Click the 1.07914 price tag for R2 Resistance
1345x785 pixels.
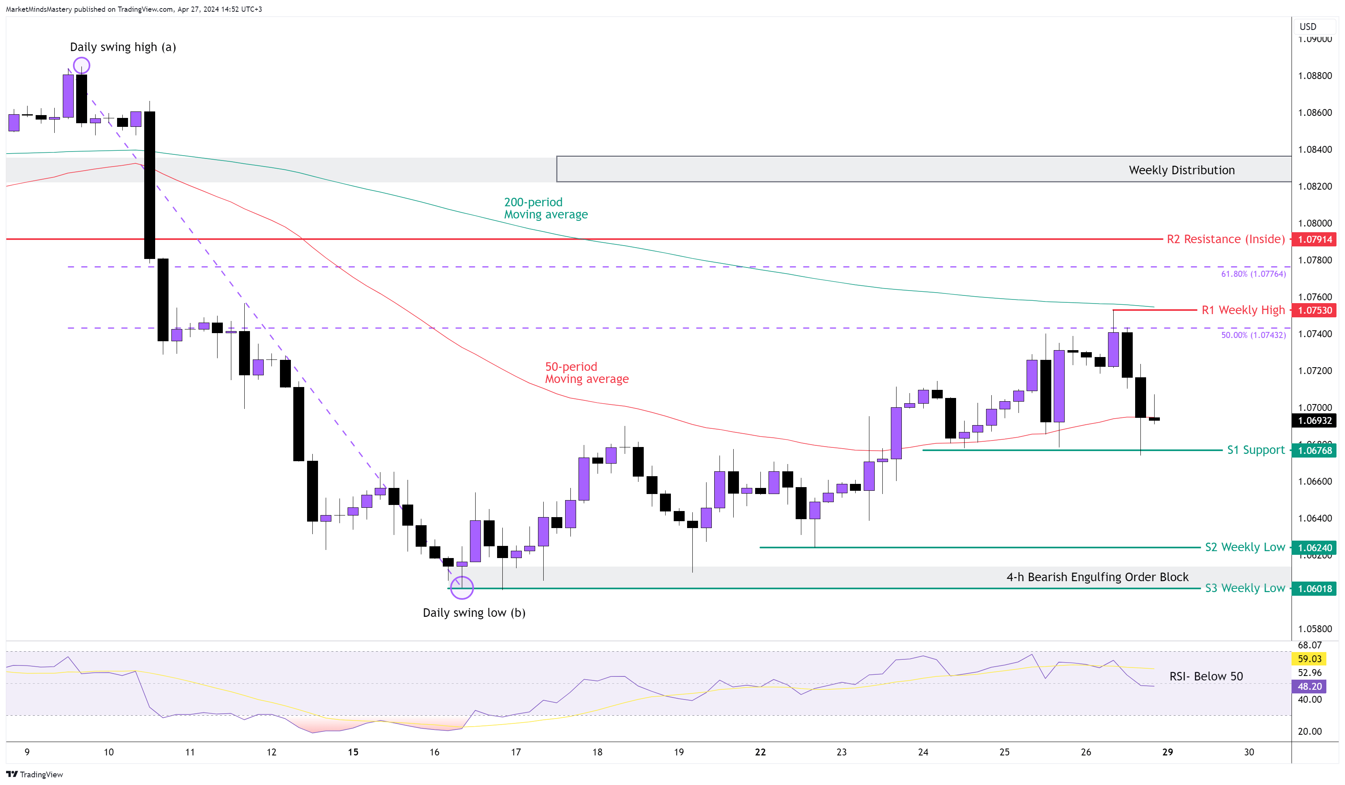click(x=1314, y=239)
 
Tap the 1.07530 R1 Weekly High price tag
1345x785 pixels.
click(x=1314, y=310)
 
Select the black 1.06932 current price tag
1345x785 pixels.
click(x=1314, y=421)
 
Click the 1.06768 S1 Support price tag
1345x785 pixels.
click(x=1314, y=451)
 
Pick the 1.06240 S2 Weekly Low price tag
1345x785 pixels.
click(x=1314, y=548)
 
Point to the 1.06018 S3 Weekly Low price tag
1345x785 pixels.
click(x=1314, y=589)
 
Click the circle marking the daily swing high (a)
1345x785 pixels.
click(x=82, y=66)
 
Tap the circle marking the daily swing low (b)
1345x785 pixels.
click(x=462, y=588)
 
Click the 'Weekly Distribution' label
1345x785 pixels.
click(x=1181, y=170)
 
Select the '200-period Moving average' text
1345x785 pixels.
click(x=545, y=208)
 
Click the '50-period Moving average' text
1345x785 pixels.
click(x=586, y=373)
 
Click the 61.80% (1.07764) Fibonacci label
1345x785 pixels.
click(x=1253, y=274)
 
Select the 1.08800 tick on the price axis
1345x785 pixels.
click(x=1315, y=76)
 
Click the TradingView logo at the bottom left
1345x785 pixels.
click(x=35, y=774)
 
